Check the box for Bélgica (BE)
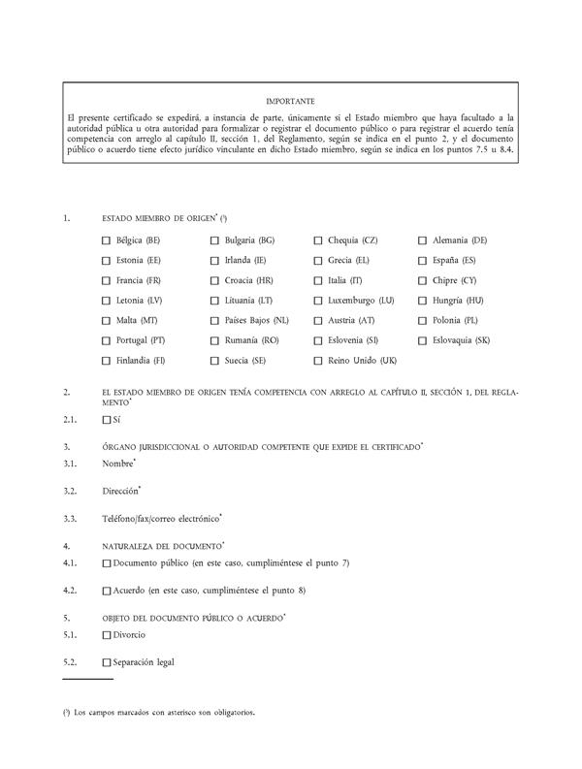tap(106, 240)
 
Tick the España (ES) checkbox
tap(423, 260)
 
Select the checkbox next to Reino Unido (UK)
tap(317, 361)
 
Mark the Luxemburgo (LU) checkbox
tap(317, 301)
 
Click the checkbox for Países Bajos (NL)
tap(214, 321)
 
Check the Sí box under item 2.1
tap(106, 420)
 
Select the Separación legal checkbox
tap(106, 662)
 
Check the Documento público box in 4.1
tap(106, 562)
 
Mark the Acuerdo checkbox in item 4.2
tap(106, 590)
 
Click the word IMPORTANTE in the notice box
tap(290, 101)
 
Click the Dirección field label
tap(120, 491)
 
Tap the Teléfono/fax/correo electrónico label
tap(160, 518)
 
